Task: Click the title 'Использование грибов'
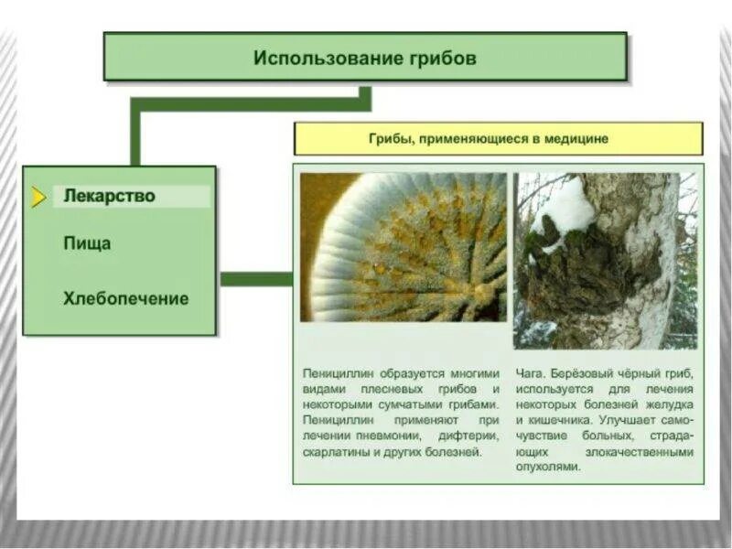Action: click(x=365, y=58)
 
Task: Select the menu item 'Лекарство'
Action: click(x=109, y=196)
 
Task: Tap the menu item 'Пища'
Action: click(x=88, y=244)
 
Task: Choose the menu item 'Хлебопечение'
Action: click(x=126, y=298)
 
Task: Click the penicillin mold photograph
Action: click(x=403, y=247)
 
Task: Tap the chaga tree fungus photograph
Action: click(x=605, y=261)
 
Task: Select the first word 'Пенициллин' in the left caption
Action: click(x=337, y=373)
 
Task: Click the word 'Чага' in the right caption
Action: click(x=530, y=373)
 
